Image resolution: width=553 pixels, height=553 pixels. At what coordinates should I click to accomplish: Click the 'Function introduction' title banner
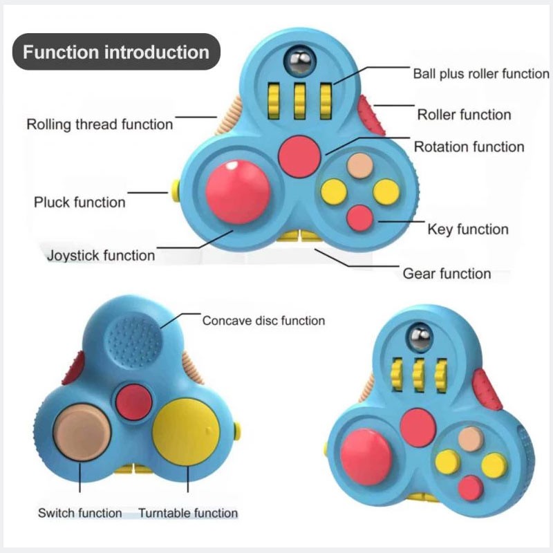[x=116, y=53]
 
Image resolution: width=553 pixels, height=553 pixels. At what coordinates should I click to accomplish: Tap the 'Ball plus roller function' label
[x=480, y=73]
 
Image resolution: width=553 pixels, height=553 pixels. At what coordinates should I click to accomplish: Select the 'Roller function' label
[x=464, y=115]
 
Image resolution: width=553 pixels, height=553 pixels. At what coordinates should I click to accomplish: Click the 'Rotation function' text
[x=469, y=147]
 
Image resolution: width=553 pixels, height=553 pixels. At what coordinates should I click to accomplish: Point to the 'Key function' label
[x=468, y=229]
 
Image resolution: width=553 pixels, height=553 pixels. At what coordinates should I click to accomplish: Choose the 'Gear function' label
[x=447, y=274]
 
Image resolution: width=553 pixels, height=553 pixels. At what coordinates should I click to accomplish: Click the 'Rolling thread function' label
[x=100, y=124]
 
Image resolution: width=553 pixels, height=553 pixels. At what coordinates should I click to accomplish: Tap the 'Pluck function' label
[x=79, y=203]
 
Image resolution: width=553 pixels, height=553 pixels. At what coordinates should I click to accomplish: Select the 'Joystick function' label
[x=101, y=255]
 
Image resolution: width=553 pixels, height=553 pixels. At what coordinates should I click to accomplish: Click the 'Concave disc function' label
[x=263, y=321]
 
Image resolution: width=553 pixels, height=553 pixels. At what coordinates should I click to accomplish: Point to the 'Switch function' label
[x=79, y=513]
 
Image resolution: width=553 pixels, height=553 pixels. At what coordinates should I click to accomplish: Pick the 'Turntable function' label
[x=188, y=513]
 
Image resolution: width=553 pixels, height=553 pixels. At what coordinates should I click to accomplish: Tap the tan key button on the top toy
[x=360, y=165]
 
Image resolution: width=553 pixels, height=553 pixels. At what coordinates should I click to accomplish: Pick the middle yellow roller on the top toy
[x=300, y=100]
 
